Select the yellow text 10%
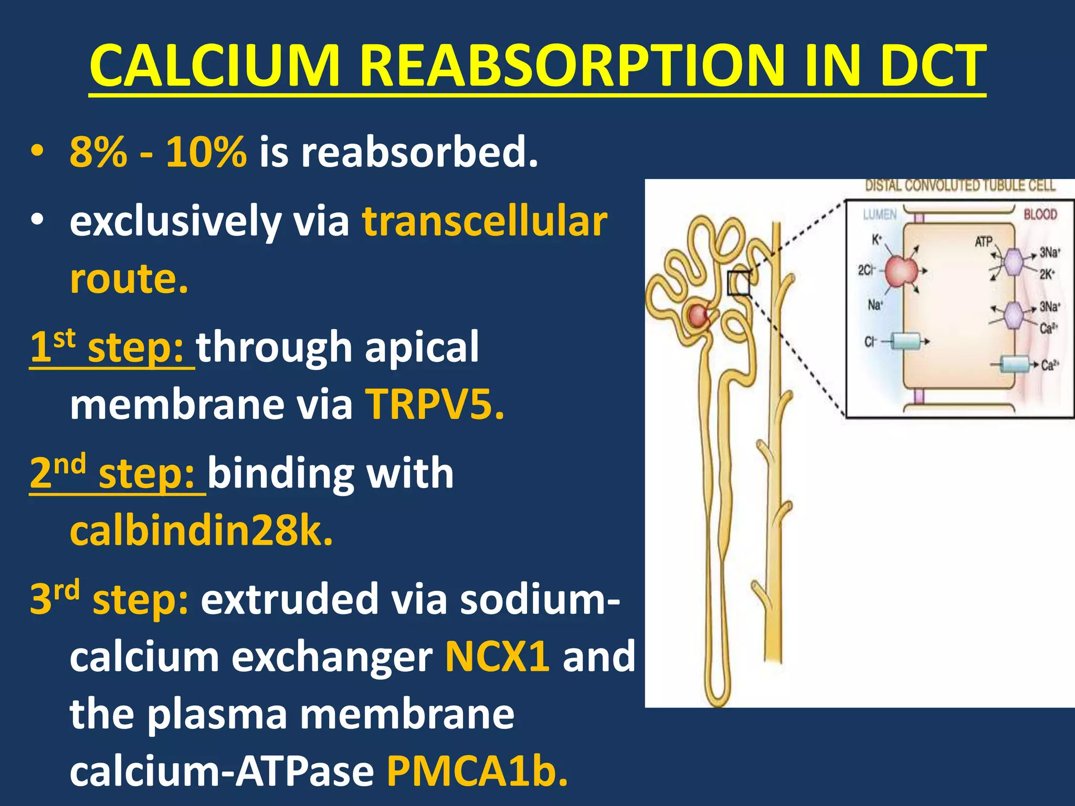206,152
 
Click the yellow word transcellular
484,221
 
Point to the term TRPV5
435,405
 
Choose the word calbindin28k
201,531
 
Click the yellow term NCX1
497,656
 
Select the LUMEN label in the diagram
880,215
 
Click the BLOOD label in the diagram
1040,215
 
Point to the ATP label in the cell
984,242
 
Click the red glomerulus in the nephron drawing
699,315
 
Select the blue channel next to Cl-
907,342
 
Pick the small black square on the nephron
739,283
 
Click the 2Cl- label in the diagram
866,270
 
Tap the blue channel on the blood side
1014,365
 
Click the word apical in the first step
421,347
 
